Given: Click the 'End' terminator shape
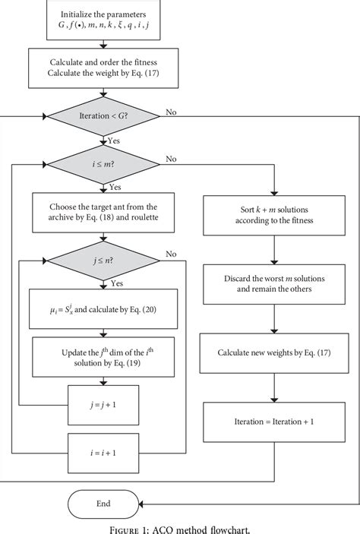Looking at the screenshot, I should [104, 503].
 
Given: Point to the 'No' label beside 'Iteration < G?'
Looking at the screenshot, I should [172, 112].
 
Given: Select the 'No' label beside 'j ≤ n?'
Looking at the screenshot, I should [171, 254].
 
